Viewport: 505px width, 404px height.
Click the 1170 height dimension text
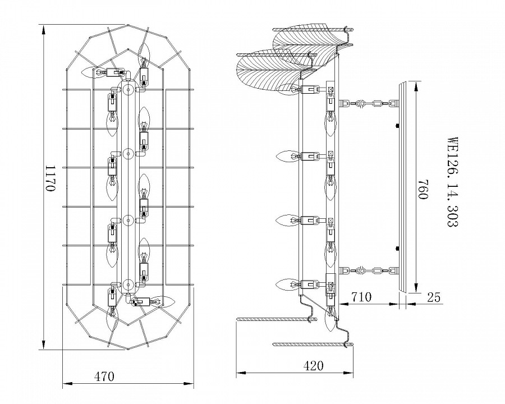pos(50,179)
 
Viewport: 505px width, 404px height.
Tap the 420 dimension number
pos(313,366)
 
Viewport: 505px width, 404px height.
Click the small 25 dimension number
pos(433,297)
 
